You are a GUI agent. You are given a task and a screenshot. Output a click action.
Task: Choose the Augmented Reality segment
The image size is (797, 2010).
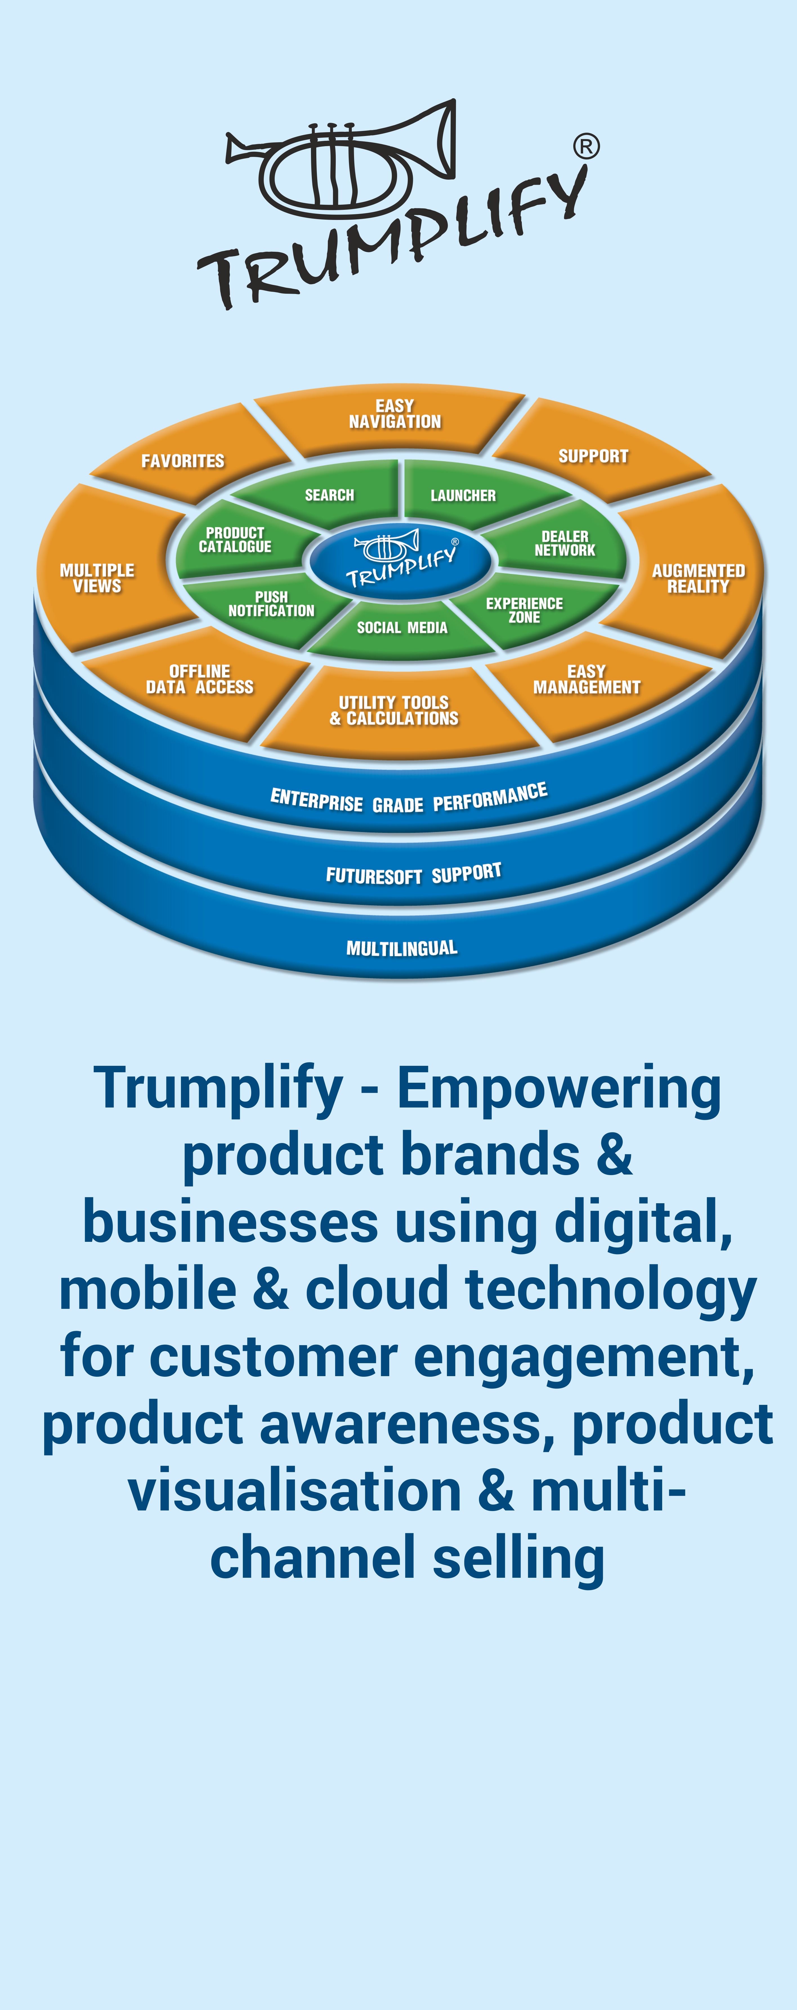click(x=698, y=578)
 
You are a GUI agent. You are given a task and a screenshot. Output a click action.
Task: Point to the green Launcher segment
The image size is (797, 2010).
click(x=463, y=496)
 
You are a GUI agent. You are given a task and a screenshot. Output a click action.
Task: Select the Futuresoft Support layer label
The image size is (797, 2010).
click(x=413, y=874)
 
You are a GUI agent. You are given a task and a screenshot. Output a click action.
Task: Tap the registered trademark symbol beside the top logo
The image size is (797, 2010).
click(x=586, y=146)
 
